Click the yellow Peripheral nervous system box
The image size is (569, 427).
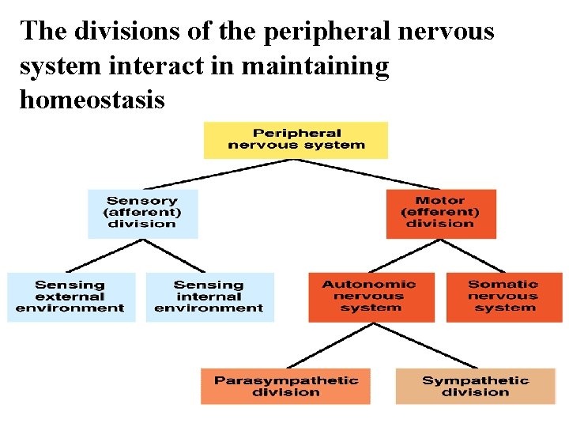(296, 140)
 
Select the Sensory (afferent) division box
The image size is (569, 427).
(142, 213)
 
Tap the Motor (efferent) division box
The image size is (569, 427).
(441, 213)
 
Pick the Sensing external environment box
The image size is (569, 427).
(71, 297)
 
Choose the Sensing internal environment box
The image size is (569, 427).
(209, 297)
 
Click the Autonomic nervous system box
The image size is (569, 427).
(371, 297)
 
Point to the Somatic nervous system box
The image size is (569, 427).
(503, 297)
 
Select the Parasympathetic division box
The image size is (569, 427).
(285, 387)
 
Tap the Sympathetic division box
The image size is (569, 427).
(475, 387)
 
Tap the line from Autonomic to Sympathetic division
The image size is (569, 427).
(427, 345)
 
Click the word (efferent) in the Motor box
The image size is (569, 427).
(440, 213)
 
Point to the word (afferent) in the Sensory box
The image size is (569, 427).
(142, 213)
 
